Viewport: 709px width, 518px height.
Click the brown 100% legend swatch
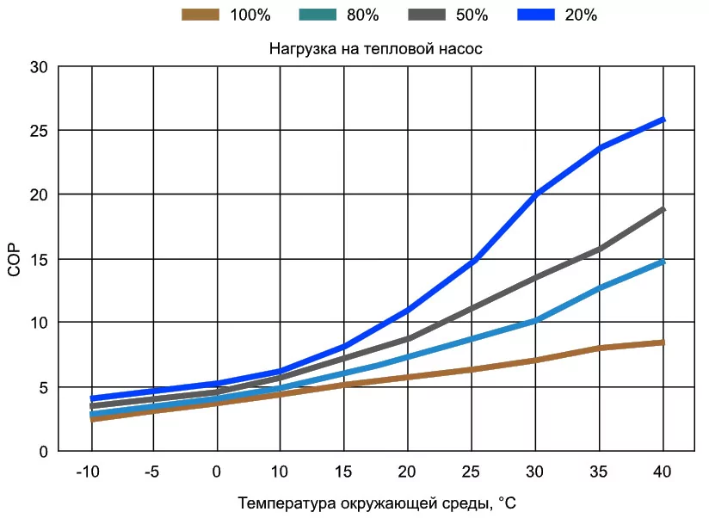(x=200, y=15)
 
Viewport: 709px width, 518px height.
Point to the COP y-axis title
(x=14, y=258)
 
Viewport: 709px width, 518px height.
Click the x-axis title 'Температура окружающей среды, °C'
(x=377, y=502)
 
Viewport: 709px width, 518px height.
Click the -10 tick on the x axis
(x=89, y=472)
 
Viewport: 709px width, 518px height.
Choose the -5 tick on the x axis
(x=153, y=472)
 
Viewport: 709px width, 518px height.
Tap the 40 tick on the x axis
(x=663, y=472)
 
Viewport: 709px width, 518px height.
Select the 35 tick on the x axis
(x=600, y=472)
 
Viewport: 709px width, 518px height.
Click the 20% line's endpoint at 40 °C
(x=663, y=120)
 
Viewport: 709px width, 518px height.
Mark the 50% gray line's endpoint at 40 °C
(x=663, y=209)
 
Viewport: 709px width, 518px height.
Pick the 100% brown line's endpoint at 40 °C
(x=663, y=342)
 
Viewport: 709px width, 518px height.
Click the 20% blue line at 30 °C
(x=536, y=195)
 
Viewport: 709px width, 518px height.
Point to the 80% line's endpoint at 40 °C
(x=663, y=261)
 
